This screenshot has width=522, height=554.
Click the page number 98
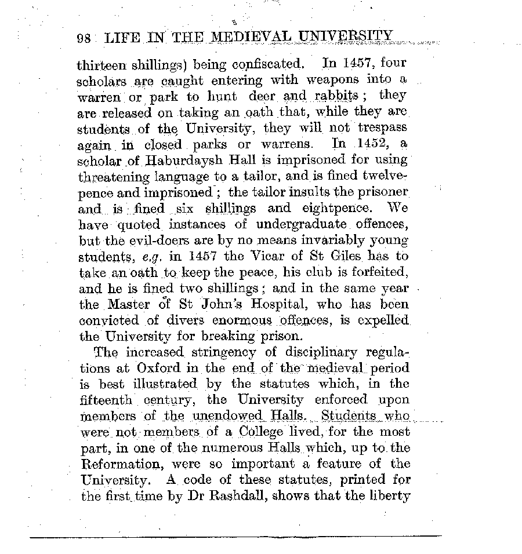pyautogui.click(x=84, y=39)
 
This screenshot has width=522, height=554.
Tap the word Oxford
pyautogui.click(x=160, y=367)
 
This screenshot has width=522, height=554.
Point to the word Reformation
pyautogui.click(x=121, y=464)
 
